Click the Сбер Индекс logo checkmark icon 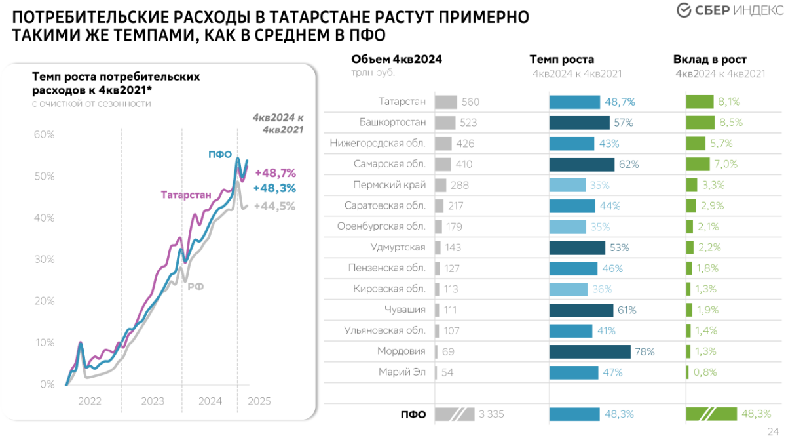[683, 11]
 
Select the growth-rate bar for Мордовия [589, 351]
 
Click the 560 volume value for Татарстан [470, 102]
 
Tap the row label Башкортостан [392, 123]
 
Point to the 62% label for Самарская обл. [629, 164]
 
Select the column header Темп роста [561, 60]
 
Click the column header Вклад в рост [710, 60]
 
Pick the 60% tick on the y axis [44, 134]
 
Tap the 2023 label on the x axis [152, 401]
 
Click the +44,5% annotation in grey [275, 206]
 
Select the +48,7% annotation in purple [275, 173]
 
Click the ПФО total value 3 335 [491, 414]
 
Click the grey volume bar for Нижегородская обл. [443, 144]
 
